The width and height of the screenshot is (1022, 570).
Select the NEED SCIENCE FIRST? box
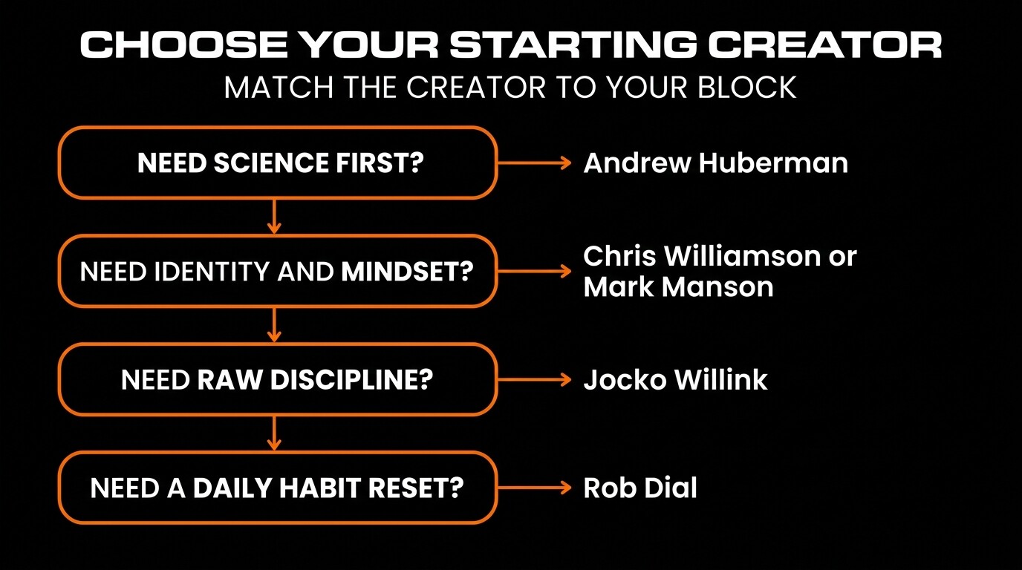(277, 163)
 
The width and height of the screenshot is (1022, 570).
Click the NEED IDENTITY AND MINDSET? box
(277, 272)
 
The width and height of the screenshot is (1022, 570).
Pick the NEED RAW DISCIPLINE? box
(277, 380)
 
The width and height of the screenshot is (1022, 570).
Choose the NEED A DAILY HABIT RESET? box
(277, 488)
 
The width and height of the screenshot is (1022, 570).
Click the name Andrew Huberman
(715, 163)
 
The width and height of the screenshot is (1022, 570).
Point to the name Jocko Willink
(675, 380)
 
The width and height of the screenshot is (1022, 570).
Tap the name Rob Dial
(640, 488)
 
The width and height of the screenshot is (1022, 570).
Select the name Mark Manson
(678, 286)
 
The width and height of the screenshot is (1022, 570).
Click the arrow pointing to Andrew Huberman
(534, 163)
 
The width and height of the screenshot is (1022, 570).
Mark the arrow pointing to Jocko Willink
(534, 380)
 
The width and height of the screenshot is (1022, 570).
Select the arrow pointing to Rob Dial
(534, 488)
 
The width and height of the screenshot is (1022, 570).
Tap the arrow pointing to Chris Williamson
(534, 272)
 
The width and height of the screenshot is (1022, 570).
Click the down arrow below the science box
(276, 216)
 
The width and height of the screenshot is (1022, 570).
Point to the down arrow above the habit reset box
(276, 433)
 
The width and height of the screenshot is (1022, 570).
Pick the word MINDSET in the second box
(407, 272)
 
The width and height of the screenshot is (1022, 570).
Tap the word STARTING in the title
(573, 46)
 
